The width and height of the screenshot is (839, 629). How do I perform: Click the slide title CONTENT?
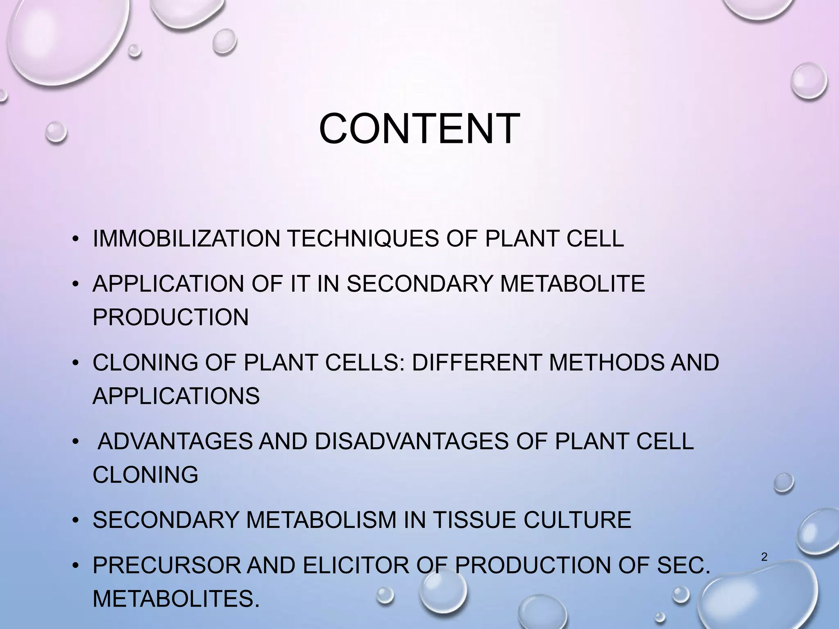(x=419, y=129)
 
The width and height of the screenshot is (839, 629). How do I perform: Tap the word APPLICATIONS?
(x=176, y=396)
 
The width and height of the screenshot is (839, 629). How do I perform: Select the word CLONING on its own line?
(x=145, y=475)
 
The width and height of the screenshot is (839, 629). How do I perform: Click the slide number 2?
(x=764, y=557)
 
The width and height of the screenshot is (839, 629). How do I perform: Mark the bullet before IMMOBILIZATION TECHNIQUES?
(x=75, y=239)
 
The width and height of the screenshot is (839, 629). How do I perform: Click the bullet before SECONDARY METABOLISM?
(x=75, y=520)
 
